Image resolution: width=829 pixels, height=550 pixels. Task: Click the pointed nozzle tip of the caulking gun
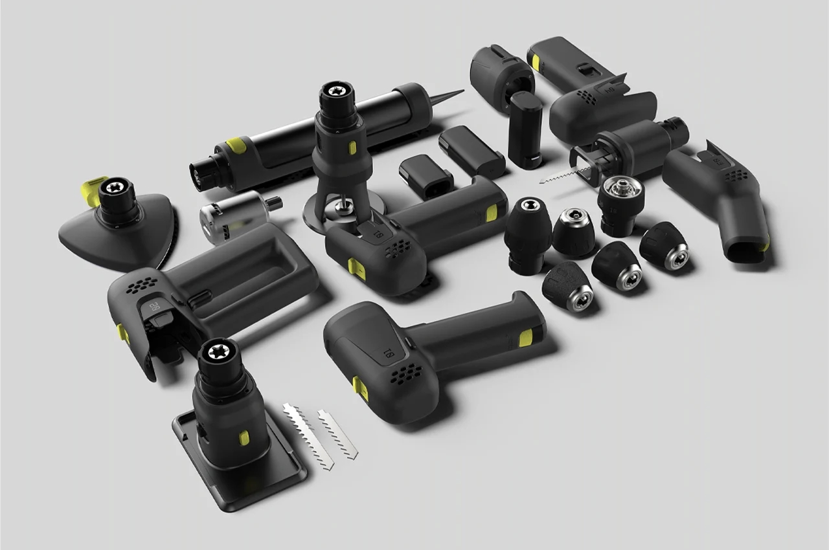point(456,93)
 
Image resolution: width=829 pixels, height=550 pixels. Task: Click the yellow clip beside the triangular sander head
point(93,189)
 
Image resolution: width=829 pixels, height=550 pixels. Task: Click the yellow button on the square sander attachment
point(244,438)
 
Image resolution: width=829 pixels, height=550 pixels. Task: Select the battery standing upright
point(525,129)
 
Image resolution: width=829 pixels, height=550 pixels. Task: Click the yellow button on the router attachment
point(352,148)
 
